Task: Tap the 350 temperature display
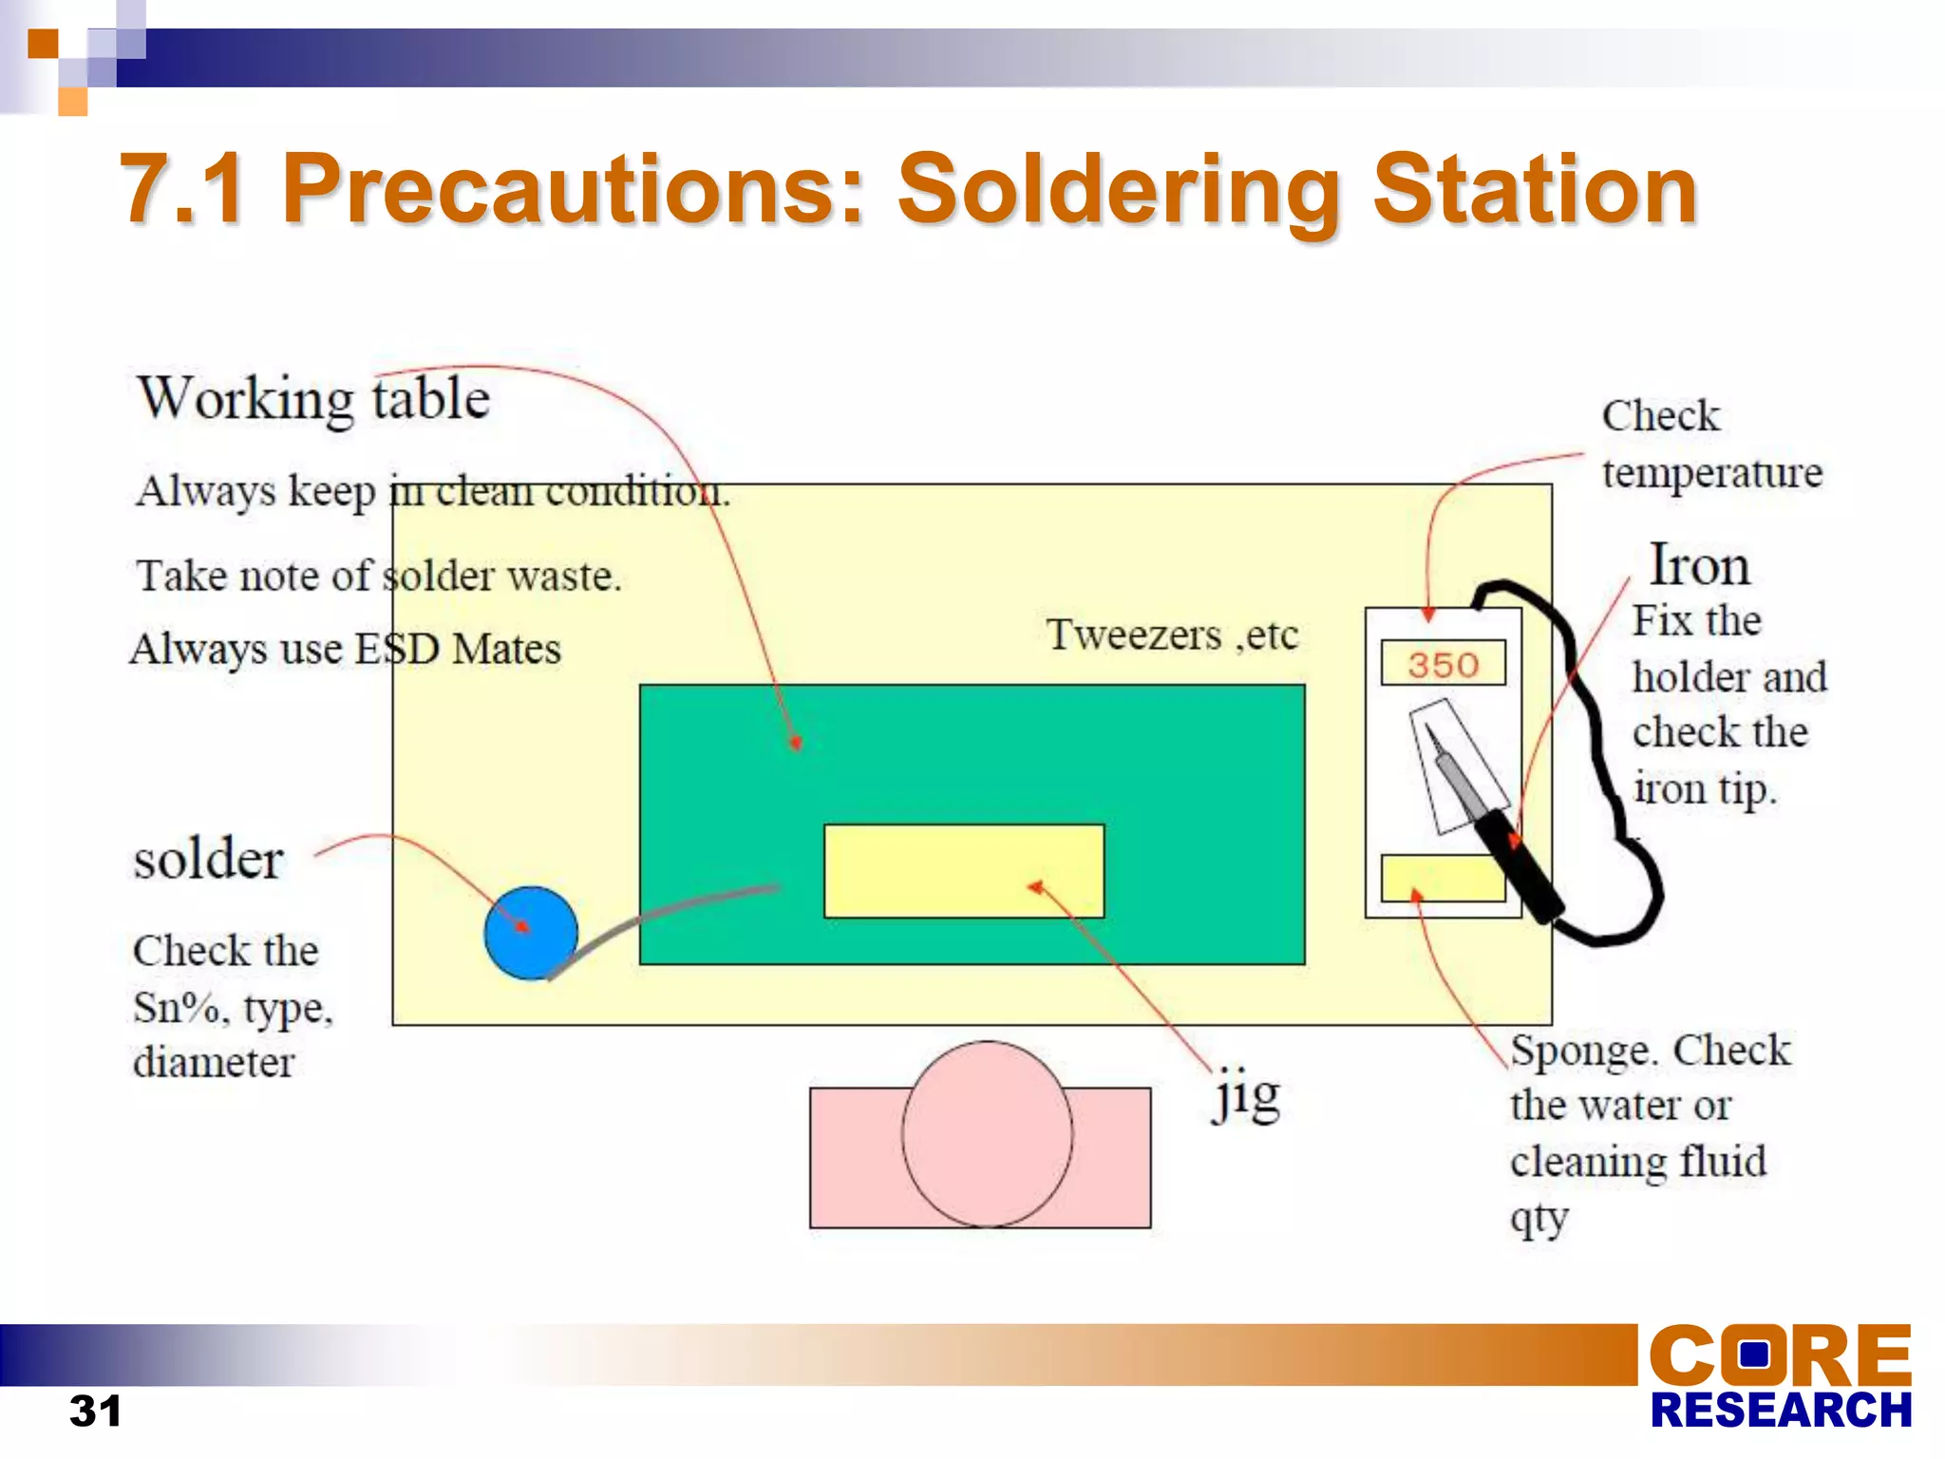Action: click(1443, 664)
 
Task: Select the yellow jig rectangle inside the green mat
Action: click(963, 870)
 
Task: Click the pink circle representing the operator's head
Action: click(987, 1133)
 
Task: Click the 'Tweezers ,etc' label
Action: click(1172, 635)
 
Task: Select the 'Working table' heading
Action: click(313, 398)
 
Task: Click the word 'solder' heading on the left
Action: click(208, 860)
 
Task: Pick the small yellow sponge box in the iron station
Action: click(1441, 878)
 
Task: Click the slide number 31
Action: click(95, 1411)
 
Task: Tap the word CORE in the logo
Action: click(1779, 1355)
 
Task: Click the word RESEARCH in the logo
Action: click(1781, 1411)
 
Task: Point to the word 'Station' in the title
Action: click(1534, 190)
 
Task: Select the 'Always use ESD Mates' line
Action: click(346, 650)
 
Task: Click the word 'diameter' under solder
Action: click(214, 1062)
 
